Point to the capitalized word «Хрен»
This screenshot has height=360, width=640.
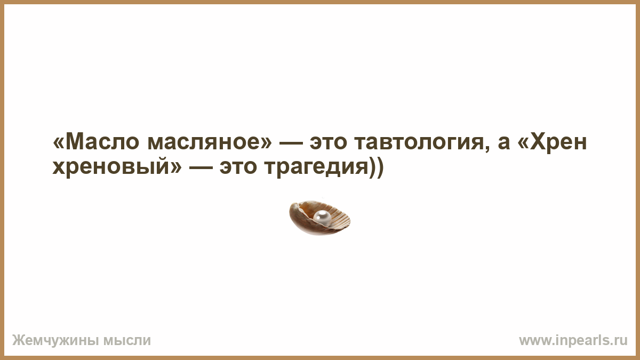click(558, 142)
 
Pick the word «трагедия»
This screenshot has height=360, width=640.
click(316, 167)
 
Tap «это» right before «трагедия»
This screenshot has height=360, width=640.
click(238, 167)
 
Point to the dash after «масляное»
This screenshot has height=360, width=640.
click(291, 143)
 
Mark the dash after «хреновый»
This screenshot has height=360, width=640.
click(201, 168)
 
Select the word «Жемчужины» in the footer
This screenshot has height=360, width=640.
click(55, 341)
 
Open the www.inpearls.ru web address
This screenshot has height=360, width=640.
click(573, 341)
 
